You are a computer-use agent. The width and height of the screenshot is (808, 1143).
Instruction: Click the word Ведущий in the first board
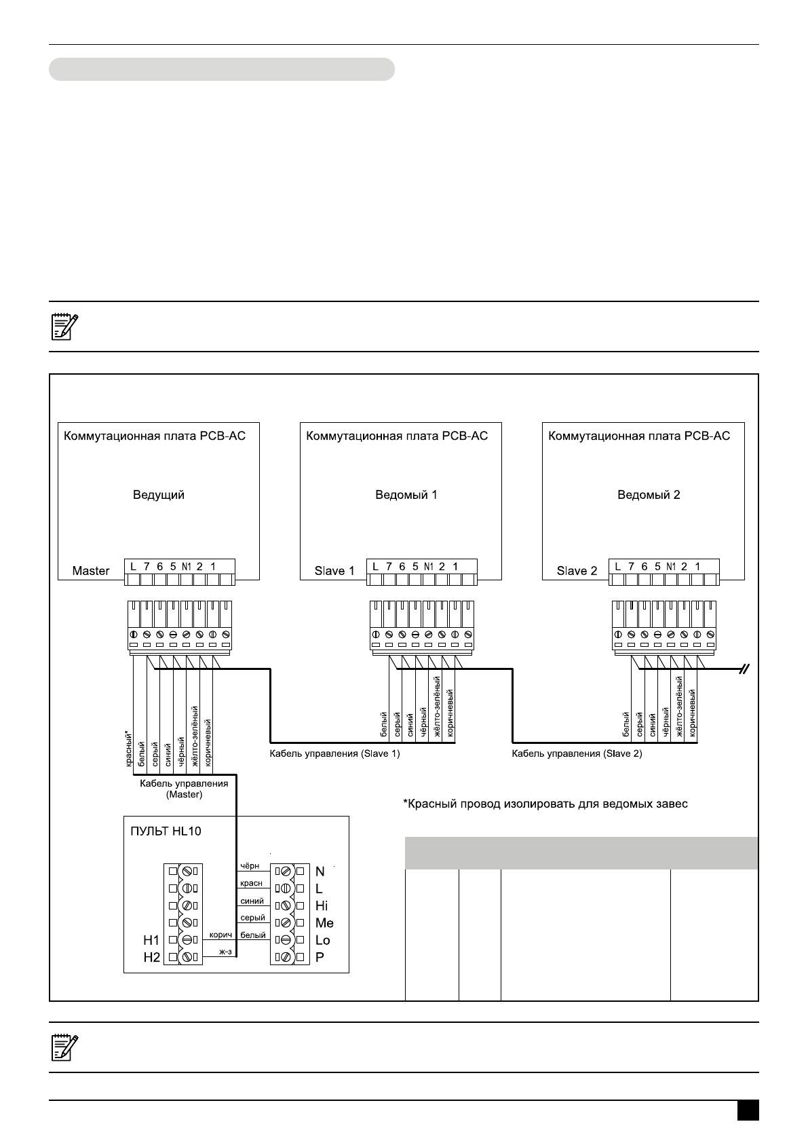158,495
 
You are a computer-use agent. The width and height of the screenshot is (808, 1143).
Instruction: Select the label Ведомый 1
406,495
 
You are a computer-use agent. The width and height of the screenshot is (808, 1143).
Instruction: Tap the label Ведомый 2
649,495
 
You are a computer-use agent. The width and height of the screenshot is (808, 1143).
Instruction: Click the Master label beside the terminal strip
91,571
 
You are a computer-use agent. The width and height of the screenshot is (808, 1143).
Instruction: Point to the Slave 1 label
334,571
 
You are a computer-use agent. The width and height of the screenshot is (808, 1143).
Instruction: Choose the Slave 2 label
577,571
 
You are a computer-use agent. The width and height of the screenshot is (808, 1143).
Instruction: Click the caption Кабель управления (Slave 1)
334,753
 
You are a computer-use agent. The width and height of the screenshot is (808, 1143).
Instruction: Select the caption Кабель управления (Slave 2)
577,753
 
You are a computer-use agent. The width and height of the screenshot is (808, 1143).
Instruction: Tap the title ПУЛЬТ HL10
166,831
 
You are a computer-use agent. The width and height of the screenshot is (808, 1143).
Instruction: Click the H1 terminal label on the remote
151,940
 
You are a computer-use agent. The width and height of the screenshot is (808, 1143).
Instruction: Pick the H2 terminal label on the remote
151,957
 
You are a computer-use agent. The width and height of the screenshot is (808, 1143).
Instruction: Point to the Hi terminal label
322,905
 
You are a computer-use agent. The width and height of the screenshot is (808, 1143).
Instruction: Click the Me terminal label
324,923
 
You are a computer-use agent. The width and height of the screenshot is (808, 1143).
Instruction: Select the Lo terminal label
322,940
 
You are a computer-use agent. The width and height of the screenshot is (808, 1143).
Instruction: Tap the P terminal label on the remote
320,957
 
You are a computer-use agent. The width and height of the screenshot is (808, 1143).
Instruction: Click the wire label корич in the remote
220,935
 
